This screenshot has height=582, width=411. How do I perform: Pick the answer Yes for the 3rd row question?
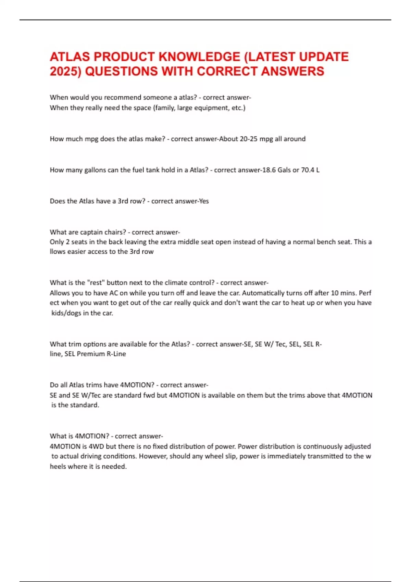point(204,201)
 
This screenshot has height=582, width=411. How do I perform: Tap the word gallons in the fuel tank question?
point(95,170)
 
